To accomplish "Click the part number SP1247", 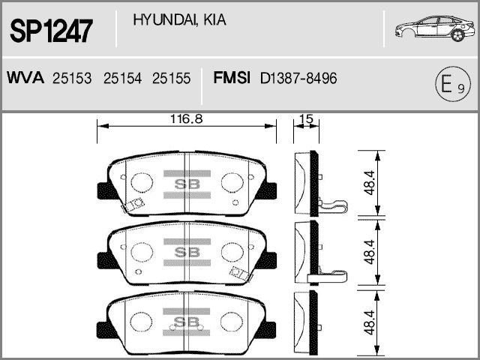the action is pyautogui.click(x=51, y=31).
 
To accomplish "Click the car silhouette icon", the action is pyautogui.click(x=435, y=28).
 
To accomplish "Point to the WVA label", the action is pyautogui.click(x=25, y=78).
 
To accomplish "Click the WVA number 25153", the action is pyautogui.click(x=72, y=78).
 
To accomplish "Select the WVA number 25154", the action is pyautogui.click(x=122, y=78).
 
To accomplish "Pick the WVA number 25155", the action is pyautogui.click(x=172, y=78).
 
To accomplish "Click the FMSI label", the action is pyautogui.click(x=232, y=78).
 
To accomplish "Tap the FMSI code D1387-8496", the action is pyautogui.click(x=298, y=78).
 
